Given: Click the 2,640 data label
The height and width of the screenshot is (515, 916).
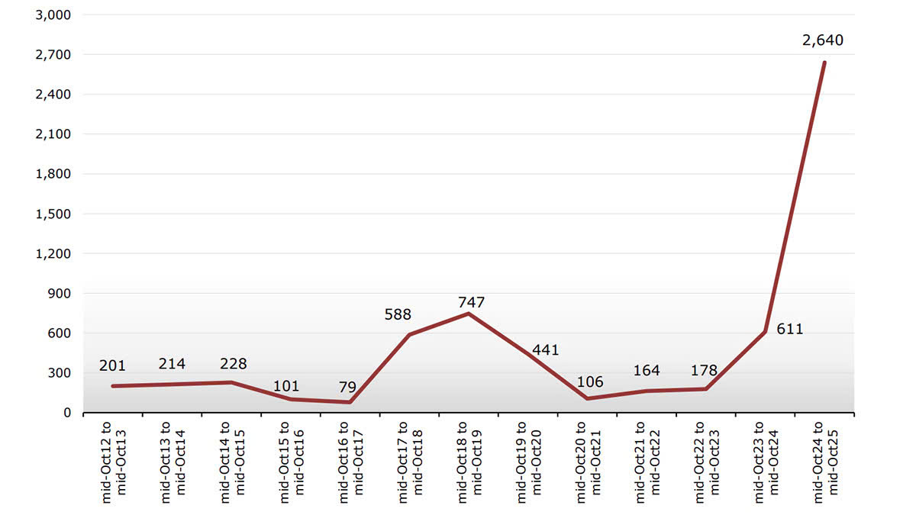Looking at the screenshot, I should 823,40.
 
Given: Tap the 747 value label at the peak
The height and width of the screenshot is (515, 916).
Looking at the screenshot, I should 471,302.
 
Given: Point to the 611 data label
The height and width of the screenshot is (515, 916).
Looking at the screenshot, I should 790,330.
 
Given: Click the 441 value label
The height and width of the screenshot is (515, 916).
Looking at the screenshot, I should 546,350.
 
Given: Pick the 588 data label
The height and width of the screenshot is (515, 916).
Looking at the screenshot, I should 398,314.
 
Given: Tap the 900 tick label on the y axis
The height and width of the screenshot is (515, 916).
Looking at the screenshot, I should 60,293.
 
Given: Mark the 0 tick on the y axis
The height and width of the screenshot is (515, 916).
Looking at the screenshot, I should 67,413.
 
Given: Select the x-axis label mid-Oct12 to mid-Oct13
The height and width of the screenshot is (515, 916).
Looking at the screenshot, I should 113,461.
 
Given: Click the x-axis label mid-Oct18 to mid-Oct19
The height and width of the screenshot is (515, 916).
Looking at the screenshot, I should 469,461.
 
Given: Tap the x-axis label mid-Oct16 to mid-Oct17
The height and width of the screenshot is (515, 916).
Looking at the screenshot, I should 350,461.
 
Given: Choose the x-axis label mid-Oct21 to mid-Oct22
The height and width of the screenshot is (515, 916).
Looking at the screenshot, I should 647,461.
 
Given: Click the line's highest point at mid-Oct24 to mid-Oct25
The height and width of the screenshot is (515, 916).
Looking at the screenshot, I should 824,63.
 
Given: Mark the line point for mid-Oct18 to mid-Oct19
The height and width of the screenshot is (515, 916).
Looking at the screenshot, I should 469,314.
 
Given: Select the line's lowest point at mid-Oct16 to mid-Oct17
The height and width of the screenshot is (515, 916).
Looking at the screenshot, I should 350,402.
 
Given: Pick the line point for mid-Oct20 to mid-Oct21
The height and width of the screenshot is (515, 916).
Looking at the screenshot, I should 587,398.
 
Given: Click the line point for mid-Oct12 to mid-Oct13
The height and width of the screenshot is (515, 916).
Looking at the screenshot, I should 113,386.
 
